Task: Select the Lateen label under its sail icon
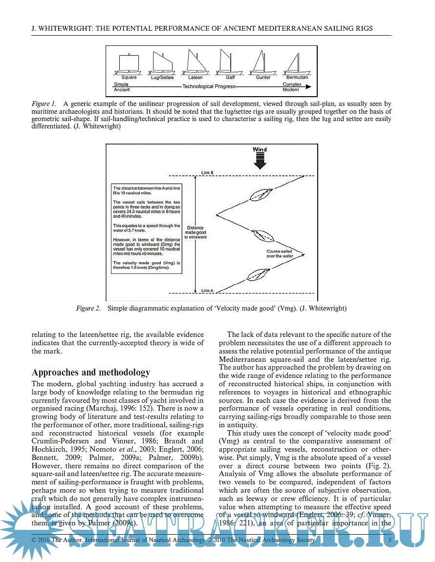(196, 78)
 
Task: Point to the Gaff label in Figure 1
(230, 78)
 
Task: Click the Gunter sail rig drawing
(262, 62)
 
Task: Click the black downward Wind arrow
(260, 161)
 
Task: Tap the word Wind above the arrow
(260, 149)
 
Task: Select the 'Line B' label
(207, 173)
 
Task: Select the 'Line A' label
(207, 291)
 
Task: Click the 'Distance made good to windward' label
(195, 232)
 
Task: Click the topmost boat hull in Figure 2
(260, 195)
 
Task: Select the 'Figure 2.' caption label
(88, 308)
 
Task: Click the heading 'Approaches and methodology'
(91, 372)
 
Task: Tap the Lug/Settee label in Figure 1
(162, 78)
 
